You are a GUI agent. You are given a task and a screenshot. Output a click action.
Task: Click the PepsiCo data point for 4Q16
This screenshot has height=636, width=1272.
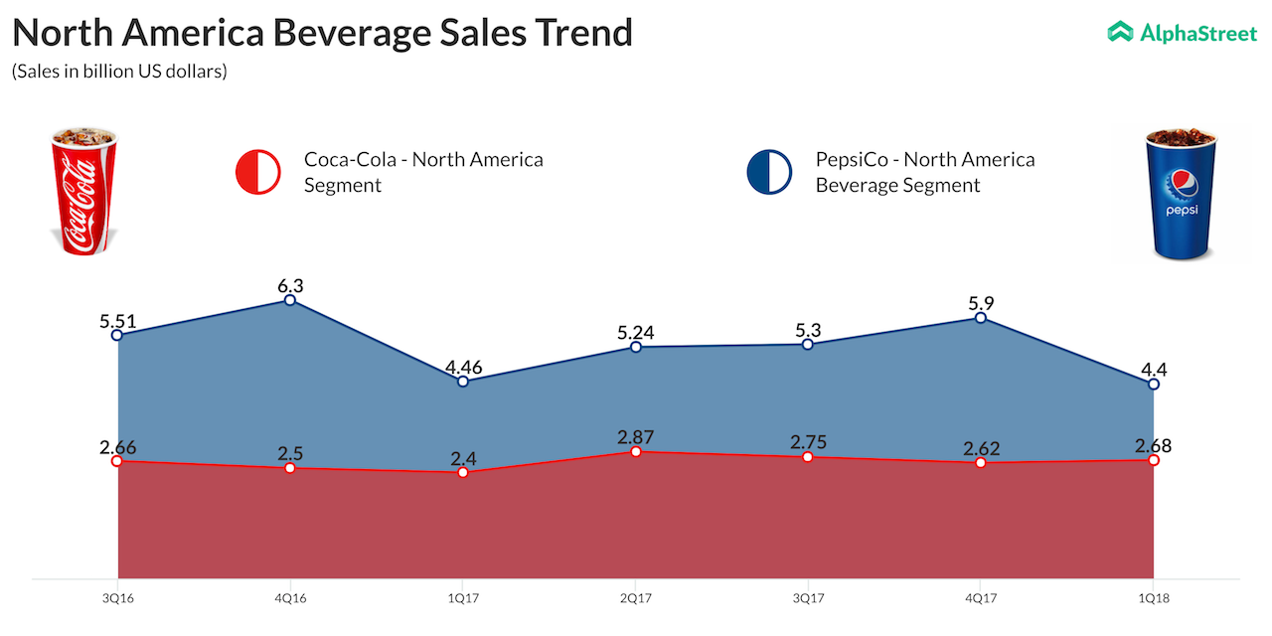(289, 299)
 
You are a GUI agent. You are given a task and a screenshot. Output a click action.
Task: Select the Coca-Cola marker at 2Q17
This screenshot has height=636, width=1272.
(635, 451)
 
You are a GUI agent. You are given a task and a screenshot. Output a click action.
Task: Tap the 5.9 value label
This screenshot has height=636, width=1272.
(980, 303)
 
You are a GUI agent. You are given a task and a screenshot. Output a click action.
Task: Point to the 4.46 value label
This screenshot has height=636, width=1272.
(463, 367)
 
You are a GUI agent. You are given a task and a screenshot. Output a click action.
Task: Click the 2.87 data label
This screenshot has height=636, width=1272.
(635, 436)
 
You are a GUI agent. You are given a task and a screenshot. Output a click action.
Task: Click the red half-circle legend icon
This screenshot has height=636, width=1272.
(257, 172)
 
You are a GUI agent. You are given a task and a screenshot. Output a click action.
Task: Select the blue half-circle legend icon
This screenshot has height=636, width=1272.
(769, 172)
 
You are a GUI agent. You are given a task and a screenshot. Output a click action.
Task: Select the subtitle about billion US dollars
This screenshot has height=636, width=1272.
(119, 73)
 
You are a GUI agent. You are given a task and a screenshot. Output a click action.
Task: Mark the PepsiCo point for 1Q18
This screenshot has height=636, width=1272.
(1153, 384)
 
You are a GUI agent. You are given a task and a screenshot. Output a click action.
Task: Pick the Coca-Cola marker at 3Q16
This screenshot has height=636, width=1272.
(117, 461)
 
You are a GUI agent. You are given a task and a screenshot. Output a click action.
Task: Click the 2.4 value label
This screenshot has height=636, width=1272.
(463, 457)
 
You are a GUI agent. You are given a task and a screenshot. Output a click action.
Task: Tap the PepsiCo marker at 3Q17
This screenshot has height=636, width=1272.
(807, 344)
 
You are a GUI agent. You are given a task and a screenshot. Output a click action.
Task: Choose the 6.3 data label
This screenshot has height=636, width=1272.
(289, 284)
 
